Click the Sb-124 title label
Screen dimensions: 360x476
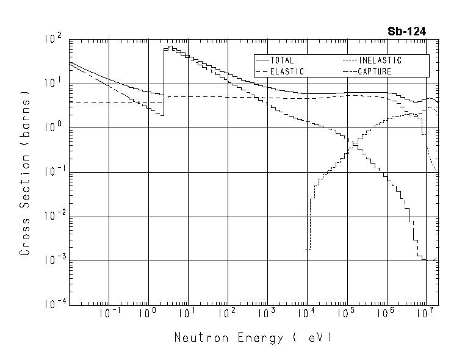407,31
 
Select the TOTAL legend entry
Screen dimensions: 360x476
282,60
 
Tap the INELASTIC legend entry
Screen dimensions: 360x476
380,60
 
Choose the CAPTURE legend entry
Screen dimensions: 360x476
374,71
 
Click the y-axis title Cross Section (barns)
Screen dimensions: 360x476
25,173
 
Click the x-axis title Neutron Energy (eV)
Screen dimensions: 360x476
253,337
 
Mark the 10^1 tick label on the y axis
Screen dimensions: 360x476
54,83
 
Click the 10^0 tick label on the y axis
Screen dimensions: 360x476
54,128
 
